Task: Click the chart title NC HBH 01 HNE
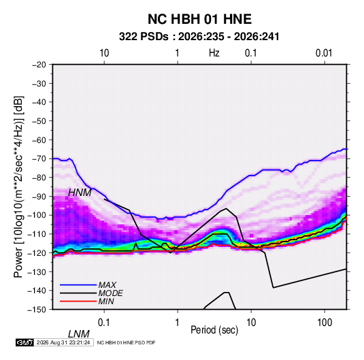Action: click(199, 19)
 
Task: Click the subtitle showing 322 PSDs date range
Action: click(199, 37)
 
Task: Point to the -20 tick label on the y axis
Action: click(39, 65)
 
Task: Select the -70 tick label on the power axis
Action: click(39, 159)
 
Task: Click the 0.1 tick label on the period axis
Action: click(104, 323)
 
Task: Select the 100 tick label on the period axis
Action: click(325, 323)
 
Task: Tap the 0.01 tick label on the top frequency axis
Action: click(324, 53)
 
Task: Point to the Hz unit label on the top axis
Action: click(214, 53)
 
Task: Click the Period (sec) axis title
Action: click(214, 330)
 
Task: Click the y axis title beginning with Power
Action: click(18, 186)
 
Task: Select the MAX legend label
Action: click(107, 285)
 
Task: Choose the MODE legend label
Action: click(110, 293)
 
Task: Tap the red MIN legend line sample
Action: click(78, 301)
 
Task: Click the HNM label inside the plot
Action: click(80, 193)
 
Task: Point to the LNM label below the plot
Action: click(79, 334)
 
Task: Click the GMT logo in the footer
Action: click(24, 342)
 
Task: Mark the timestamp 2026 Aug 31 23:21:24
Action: click(63, 342)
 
